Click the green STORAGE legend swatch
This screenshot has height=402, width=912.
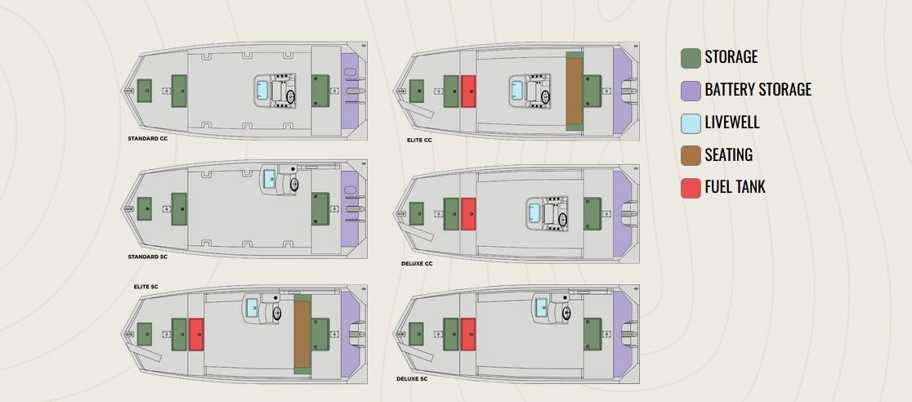691,57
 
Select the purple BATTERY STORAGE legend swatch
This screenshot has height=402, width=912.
691,90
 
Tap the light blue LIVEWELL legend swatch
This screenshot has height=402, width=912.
691,123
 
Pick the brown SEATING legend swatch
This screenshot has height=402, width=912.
691,155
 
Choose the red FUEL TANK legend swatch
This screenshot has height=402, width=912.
691,187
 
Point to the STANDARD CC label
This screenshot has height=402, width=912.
147,139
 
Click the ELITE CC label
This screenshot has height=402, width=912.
419,140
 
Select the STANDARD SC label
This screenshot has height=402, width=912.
147,257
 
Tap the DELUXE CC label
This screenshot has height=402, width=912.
417,263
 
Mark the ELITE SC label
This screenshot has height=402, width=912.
145,288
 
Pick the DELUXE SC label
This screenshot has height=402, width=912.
413,378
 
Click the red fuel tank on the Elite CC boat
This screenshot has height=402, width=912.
468,91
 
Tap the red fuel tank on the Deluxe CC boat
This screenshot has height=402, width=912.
468,213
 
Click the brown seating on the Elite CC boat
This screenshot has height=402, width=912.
574,91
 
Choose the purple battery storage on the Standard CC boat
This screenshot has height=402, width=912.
349,90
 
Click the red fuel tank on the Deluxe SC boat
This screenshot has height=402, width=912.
468,334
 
